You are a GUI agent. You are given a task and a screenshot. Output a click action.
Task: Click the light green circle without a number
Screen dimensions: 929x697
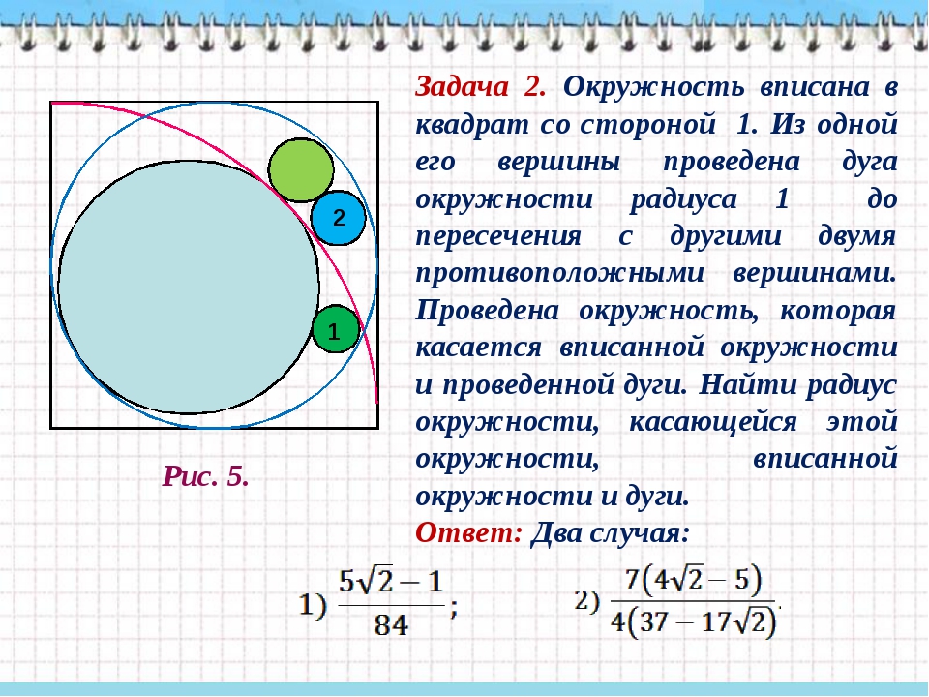(301, 170)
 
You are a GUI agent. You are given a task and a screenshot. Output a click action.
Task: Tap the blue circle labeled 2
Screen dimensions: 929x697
(339, 218)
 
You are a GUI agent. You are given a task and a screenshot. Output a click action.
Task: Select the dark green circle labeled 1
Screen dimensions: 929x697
(336, 329)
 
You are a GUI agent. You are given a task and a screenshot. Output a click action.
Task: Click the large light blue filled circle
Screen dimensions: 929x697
(189, 287)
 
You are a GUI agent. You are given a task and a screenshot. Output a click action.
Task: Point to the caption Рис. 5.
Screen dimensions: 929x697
(205, 476)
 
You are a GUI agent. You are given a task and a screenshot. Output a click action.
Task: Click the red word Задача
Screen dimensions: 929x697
(462, 88)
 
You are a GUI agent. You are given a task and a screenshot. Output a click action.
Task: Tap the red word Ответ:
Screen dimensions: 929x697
(468, 532)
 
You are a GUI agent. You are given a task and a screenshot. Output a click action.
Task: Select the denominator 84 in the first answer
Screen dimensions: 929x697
(391, 624)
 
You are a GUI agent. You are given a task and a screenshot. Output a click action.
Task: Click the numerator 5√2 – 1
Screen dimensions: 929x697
(391, 582)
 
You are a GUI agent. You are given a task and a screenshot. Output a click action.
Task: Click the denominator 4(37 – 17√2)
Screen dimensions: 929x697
(693, 622)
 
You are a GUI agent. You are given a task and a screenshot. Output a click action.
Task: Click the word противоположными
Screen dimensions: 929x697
(560, 274)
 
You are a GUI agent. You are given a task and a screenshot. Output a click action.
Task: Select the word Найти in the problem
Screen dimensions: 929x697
(747, 385)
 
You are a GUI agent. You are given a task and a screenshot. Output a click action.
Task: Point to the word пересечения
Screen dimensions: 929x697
(498, 236)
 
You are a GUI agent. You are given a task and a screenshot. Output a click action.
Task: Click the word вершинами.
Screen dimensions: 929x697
(815, 274)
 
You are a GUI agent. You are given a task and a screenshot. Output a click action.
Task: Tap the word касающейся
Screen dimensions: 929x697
(713, 423)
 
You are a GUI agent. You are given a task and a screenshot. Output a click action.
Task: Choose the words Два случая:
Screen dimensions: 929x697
(611, 532)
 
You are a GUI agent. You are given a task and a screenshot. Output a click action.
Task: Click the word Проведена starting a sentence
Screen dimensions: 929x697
(487, 311)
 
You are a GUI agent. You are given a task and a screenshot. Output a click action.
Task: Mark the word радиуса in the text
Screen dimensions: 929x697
(682, 199)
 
